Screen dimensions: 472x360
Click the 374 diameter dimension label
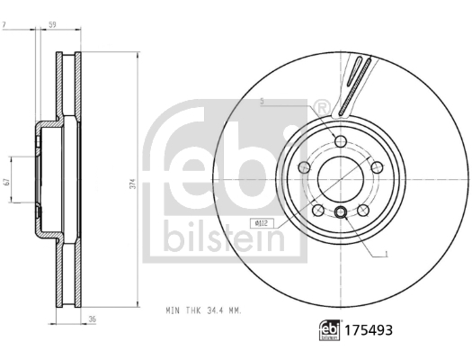pyautogui.click(x=134, y=184)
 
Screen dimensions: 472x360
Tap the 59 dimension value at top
pyautogui.click(x=52, y=24)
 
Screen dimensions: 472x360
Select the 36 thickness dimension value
pyautogui.click(x=93, y=319)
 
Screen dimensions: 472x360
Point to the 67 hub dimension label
pyautogui.click(x=8, y=182)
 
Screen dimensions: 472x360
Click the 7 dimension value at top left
pyautogui.click(x=4, y=24)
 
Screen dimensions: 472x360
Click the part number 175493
pyautogui.click(x=368, y=330)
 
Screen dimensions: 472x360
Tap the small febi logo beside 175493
pyautogui.click(x=330, y=330)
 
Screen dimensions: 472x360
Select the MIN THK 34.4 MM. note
pyautogui.click(x=204, y=310)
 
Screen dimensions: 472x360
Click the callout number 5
pyautogui.click(x=262, y=102)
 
